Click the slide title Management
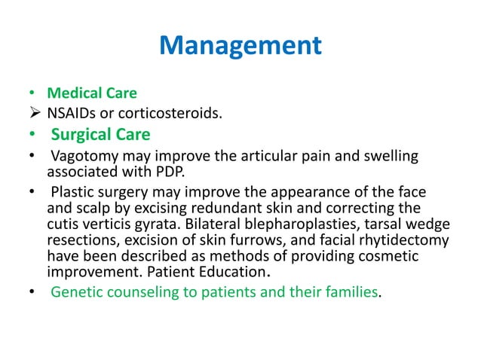240,47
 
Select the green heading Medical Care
92,94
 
